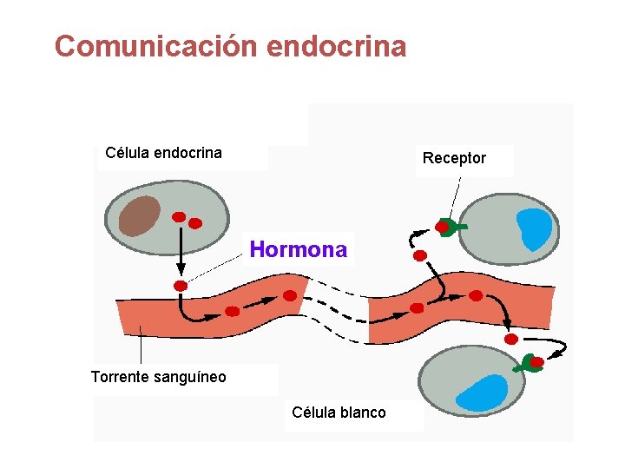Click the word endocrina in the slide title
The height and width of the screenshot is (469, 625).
[x=337, y=46]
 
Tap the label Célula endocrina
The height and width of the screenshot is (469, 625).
[x=163, y=153]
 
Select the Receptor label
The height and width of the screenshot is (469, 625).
[x=454, y=158]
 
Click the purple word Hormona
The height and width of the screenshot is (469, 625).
[x=298, y=250]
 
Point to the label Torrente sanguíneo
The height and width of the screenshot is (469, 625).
[x=158, y=376]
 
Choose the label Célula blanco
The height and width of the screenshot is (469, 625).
[x=339, y=412]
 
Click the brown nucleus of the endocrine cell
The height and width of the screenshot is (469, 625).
[x=140, y=215]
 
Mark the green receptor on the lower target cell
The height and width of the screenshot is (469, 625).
[x=527, y=365]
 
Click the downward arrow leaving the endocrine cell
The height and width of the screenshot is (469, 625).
[x=181, y=252]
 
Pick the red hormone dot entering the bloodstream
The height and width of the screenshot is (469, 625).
[x=181, y=286]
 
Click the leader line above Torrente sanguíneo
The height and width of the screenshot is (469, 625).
[x=141, y=347]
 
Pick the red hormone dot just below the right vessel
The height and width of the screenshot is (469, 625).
[x=511, y=338]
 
